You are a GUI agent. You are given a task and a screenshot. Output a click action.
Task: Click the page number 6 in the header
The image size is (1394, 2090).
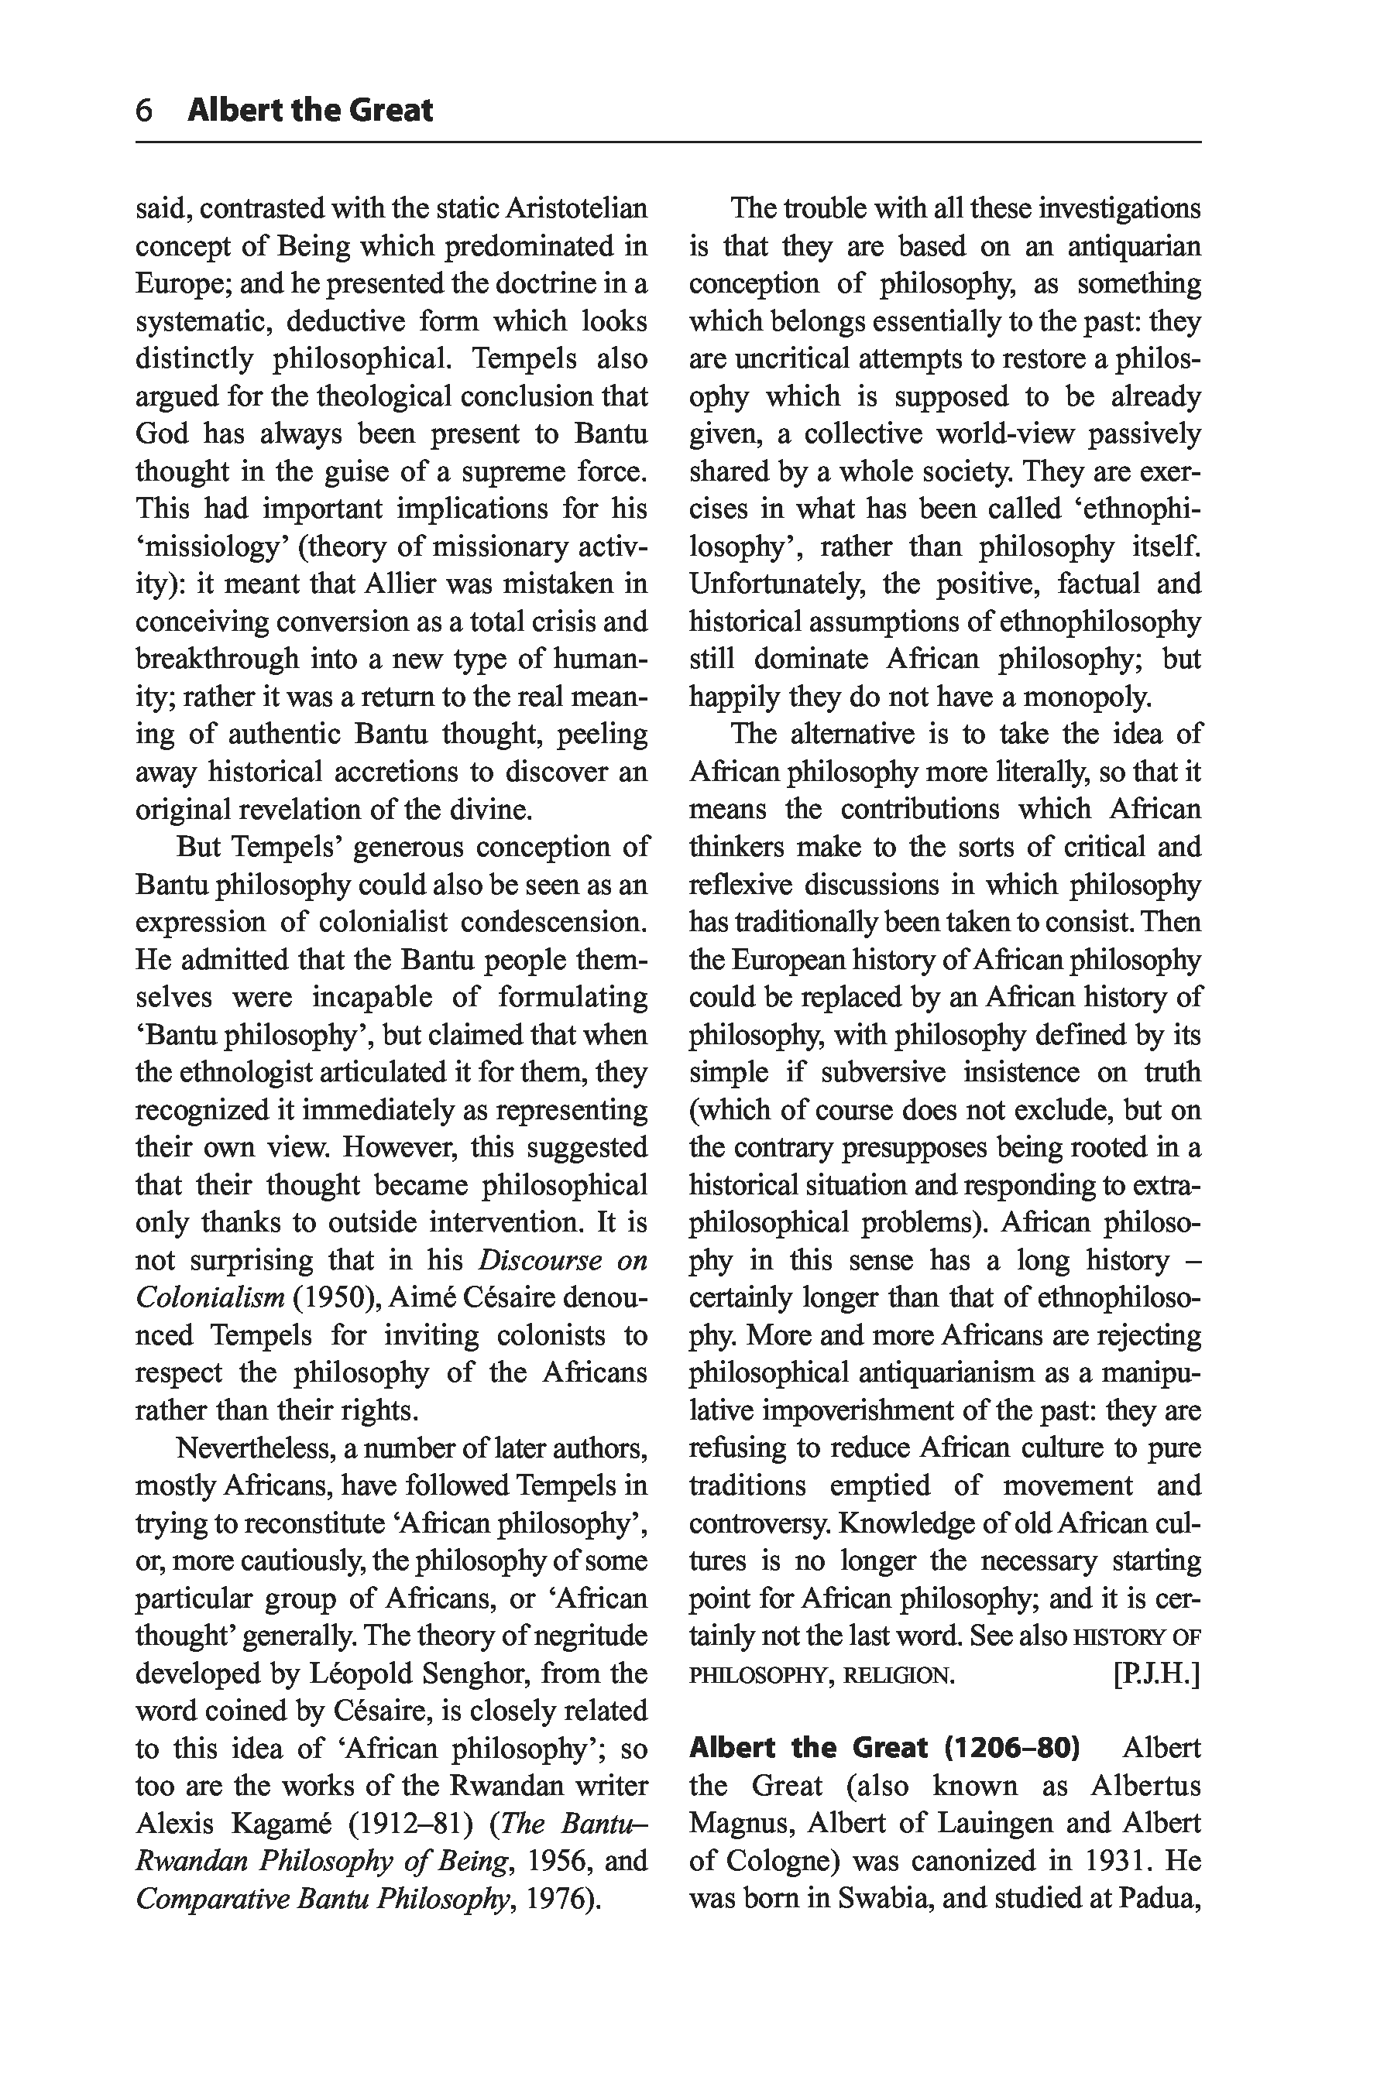coord(144,110)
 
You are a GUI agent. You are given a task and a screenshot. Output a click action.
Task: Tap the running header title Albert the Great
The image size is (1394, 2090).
coord(311,110)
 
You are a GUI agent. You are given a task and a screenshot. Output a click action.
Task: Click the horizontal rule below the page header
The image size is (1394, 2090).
coord(668,142)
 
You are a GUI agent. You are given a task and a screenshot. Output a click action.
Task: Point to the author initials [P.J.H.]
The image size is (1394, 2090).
coord(1155,1675)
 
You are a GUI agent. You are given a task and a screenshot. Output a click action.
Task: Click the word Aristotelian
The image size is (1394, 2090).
coord(576,209)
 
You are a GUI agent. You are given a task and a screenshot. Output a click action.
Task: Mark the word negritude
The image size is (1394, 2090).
coord(591,1636)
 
